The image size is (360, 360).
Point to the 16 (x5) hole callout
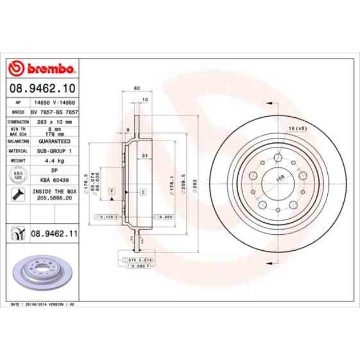point(297,128)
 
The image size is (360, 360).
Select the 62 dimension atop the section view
point(136,88)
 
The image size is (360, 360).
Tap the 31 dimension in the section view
point(143,156)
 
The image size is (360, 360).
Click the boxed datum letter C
point(142,192)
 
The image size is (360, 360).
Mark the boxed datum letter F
point(112,191)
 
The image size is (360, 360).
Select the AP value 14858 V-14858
point(54,103)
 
